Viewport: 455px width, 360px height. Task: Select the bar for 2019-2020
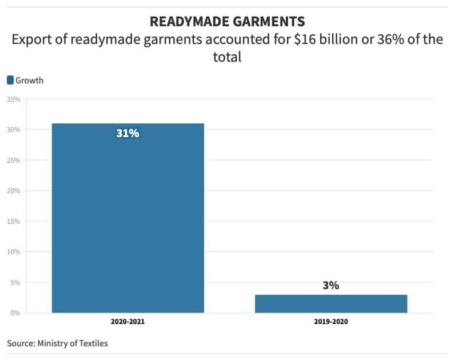point(331,303)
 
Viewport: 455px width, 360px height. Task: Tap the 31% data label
point(127,134)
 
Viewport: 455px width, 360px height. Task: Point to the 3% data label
point(330,285)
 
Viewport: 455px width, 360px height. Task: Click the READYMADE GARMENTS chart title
point(227,22)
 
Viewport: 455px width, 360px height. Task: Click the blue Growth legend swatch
point(10,81)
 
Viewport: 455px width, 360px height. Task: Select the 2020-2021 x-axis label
point(127,322)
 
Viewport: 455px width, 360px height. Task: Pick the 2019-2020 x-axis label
point(331,322)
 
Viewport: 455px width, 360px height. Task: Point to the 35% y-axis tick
point(14,99)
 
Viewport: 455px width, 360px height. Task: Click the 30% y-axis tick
point(14,130)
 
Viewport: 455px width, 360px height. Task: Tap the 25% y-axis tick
point(14,161)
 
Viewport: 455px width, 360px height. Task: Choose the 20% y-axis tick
point(14,191)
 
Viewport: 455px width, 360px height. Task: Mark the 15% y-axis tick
point(14,221)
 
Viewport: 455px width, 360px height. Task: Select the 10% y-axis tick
point(14,252)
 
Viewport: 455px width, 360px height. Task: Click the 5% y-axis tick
point(15,282)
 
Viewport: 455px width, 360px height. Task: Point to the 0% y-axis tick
point(15,313)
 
